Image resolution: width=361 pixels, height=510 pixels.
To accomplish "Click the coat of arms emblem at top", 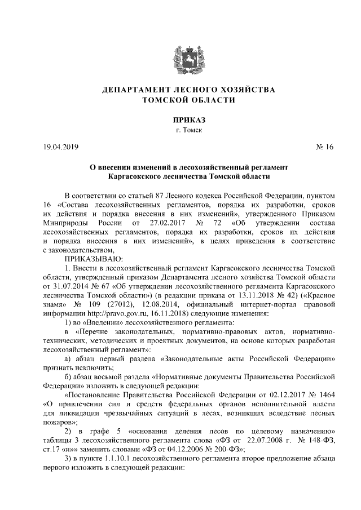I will [180, 56].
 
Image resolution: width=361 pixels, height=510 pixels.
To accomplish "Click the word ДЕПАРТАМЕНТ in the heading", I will [132, 90].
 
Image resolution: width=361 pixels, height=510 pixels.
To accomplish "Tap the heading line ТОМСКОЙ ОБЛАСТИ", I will [180, 100].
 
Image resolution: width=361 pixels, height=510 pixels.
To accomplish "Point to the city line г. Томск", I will [180, 130].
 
